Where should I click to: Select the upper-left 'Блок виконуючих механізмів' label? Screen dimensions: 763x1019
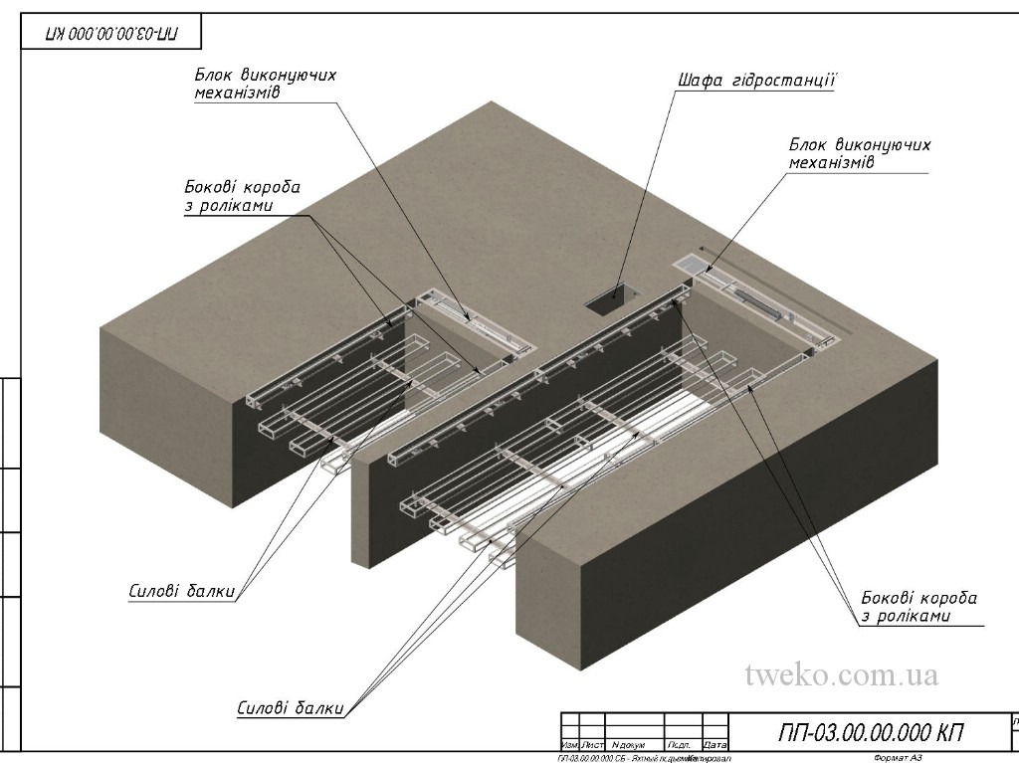click(x=264, y=86)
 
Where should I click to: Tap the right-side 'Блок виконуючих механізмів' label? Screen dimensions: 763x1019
click(x=859, y=153)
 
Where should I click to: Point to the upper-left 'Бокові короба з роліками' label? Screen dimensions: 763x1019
click(x=242, y=196)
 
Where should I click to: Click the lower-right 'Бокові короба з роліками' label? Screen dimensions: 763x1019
click(x=918, y=607)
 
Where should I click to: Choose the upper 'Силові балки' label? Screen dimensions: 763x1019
click(x=181, y=590)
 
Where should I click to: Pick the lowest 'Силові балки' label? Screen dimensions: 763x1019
click(x=291, y=709)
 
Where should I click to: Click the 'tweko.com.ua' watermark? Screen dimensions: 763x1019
click(x=841, y=674)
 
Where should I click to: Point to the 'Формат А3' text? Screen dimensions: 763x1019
click(x=898, y=758)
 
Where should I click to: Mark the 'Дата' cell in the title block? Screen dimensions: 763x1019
click(x=714, y=745)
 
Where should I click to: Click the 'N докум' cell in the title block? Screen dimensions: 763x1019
click(x=629, y=745)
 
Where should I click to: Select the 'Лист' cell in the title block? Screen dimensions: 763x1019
click(x=593, y=745)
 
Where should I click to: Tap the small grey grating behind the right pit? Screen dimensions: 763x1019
click(x=690, y=266)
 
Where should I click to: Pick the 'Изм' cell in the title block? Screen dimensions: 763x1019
click(x=570, y=745)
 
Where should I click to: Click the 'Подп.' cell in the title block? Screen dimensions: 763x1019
click(x=681, y=745)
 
